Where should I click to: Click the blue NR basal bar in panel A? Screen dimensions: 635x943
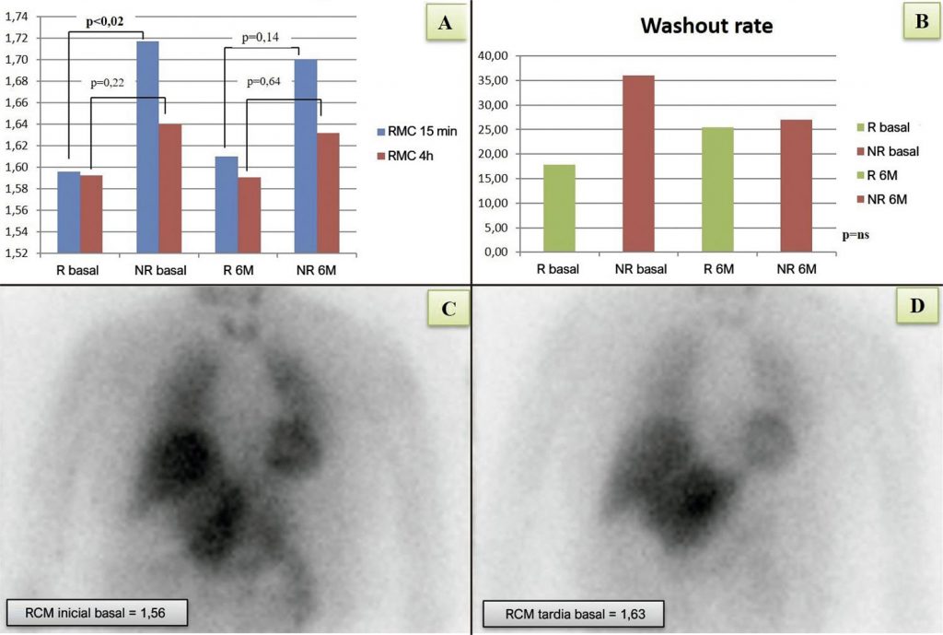point(147,147)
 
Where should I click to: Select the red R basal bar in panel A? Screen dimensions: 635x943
point(91,214)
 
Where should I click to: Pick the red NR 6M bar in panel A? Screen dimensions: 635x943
point(329,193)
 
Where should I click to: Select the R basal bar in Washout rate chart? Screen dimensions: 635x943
point(559,208)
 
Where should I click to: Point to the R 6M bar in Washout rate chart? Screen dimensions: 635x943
point(717,190)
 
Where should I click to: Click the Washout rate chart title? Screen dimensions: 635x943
point(707,26)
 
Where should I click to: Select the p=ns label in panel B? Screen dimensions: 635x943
point(856,235)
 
